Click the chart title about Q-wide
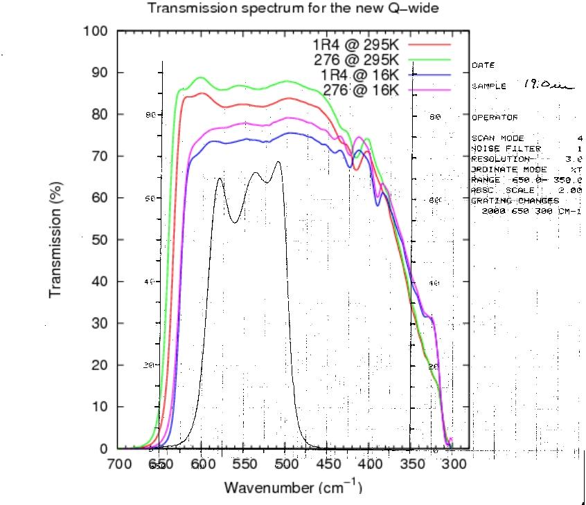tap(293, 9)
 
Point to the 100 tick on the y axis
tap(95, 31)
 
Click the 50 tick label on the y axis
tap(98, 240)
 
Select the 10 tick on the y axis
tap(98, 407)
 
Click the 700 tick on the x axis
tap(118, 463)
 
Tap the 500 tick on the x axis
tap(285, 463)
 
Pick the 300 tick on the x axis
tap(453, 463)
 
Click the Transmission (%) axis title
tap(56, 239)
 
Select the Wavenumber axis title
tap(292, 488)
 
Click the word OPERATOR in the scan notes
tap(495, 118)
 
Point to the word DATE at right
tap(483, 65)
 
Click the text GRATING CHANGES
tap(515, 201)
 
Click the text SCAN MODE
tap(498, 138)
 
